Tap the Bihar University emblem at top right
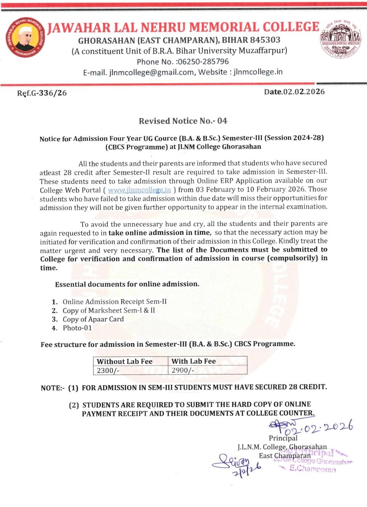click(x=340, y=39)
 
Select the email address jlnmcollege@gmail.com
click(x=151, y=72)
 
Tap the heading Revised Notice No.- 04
click(x=183, y=121)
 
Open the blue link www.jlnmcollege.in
click(x=139, y=190)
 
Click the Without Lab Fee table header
click(x=124, y=361)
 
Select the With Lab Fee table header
click(x=194, y=361)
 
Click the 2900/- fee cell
click(x=183, y=370)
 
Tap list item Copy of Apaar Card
click(x=93, y=319)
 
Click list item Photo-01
click(x=77, y=328)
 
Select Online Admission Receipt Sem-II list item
click(x=115, y=301)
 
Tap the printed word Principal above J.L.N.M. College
click(x=283, y=438)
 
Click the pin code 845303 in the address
click(x=265, y=40)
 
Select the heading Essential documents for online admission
click(x=127, y=284)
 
